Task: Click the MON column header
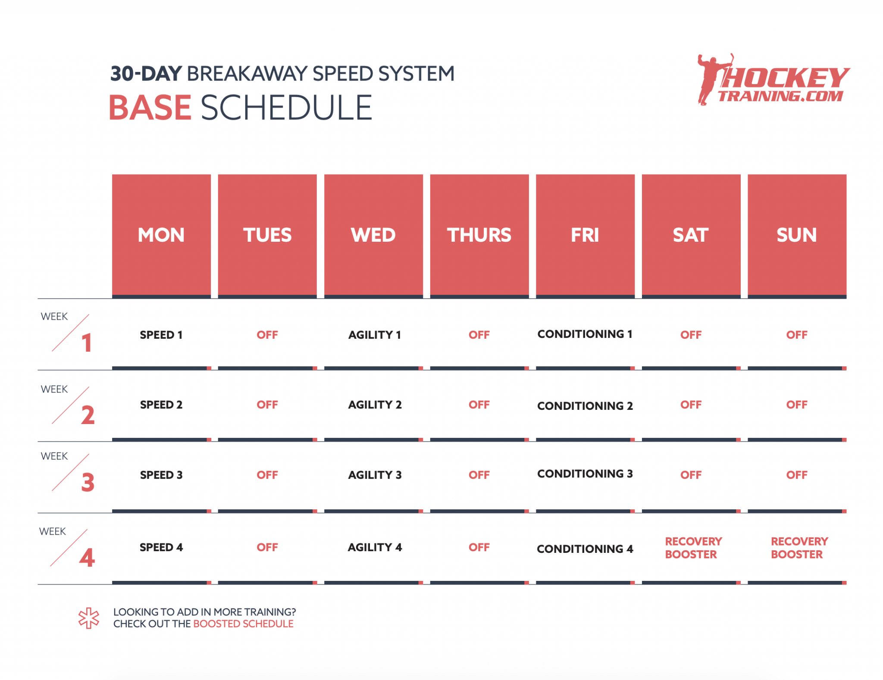tap(161, 235)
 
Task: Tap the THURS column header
tap(479, 235)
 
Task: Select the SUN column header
tap(796, 235)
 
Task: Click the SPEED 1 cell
tap(161, 335)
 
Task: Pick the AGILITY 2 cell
tap(375, 405)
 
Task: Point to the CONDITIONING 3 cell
tap(585, 474)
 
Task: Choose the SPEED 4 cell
tap(161, 547)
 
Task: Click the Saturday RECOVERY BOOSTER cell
tap(693, 548)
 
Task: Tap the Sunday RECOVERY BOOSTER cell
tap(799, 548)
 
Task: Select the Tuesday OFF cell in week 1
tap(267, 335)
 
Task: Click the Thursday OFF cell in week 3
tap(479, 475)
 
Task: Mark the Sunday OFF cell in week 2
tap(796, 405)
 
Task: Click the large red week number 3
tap(88, 482)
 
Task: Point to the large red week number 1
tap(87, 343)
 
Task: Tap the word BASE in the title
tap(150, 108)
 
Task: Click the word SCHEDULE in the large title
tap(286, 108)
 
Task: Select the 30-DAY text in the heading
tap(146, 74)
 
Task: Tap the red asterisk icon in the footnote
tap(89, 618)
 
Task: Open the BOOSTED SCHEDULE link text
tap(243, 624)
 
